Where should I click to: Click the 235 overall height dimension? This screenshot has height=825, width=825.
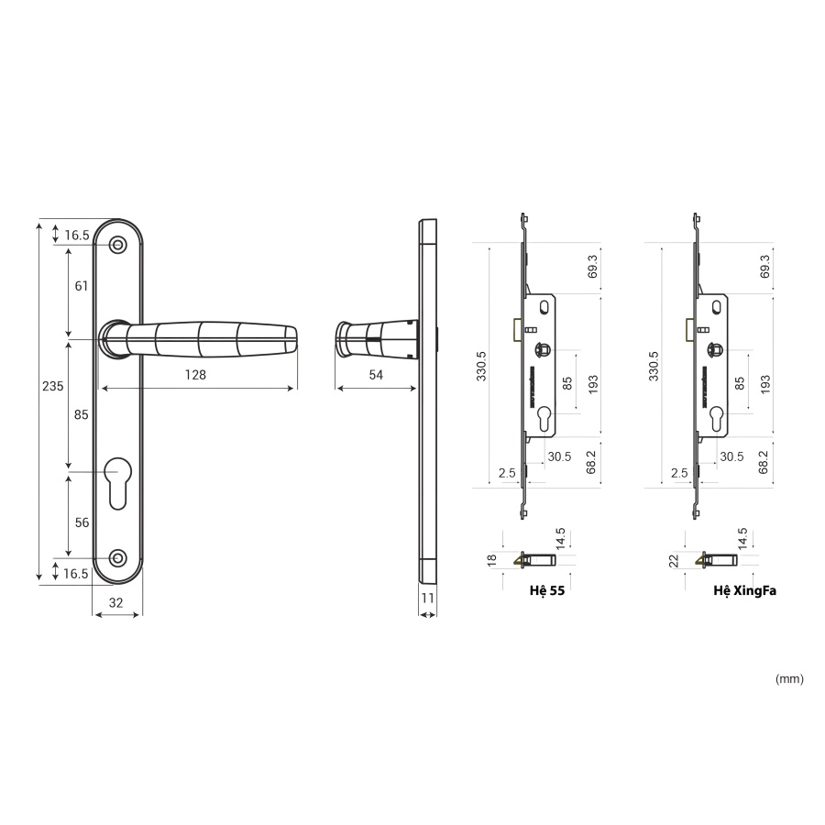point(53,386)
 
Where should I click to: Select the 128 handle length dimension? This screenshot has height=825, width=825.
point(195,375)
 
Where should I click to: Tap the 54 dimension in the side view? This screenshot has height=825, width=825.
point(376,375)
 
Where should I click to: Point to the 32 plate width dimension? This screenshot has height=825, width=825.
point(116,602)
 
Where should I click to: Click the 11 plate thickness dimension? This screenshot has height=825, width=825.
point(427,598)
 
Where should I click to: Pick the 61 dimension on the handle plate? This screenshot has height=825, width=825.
point(82,286)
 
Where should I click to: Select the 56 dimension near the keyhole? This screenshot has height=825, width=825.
point(82,522)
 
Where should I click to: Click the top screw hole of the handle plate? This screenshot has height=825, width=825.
point(116,245)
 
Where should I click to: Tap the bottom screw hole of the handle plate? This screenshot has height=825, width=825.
point(116,558)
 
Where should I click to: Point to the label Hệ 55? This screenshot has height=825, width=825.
point(546,591)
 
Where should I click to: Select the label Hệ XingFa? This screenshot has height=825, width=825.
point(744,591)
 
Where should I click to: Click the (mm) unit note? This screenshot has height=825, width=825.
point(788,679)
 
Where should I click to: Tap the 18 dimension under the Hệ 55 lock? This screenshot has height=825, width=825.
point(491,559)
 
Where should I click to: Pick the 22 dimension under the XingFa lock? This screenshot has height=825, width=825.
point(673,559)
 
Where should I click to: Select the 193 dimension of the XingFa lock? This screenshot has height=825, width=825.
point(765,383)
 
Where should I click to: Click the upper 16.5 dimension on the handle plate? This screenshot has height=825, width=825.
point(77,236)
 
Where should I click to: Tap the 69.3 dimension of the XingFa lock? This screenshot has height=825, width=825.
point(765,267)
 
